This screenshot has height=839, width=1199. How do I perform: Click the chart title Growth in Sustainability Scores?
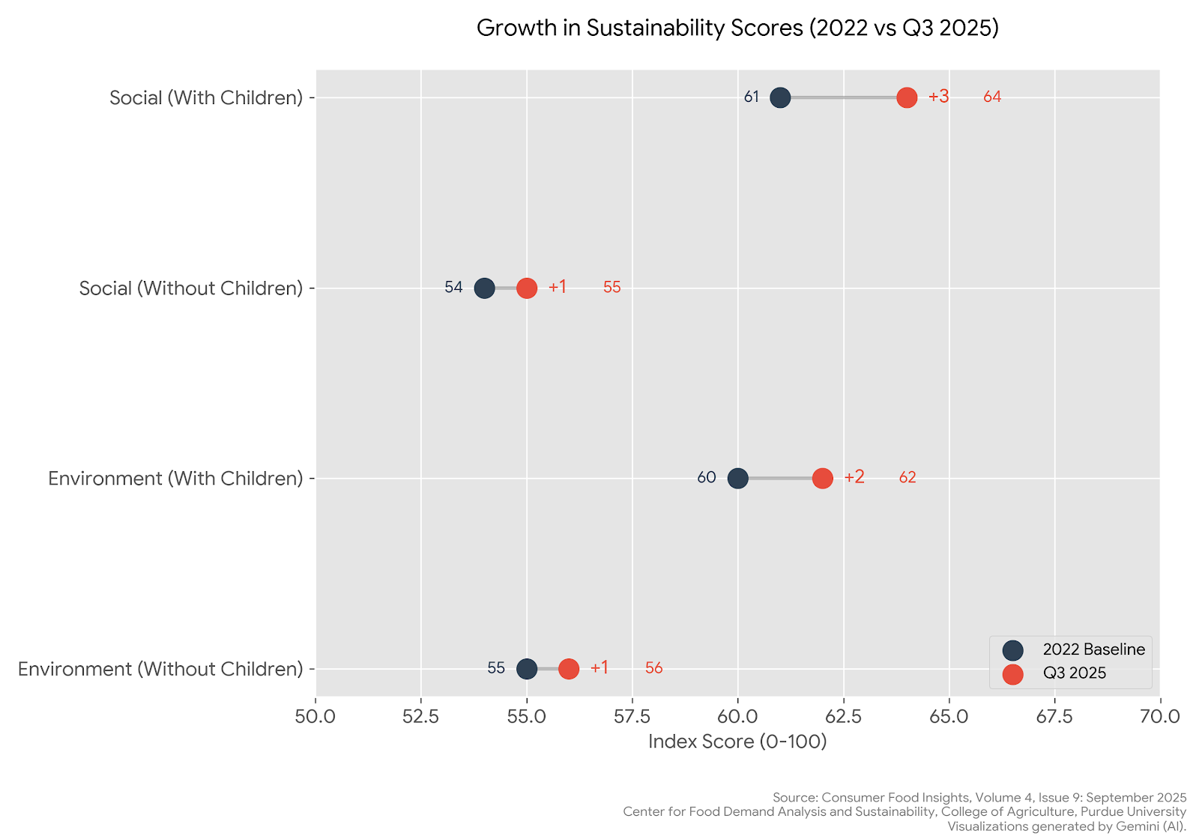tap(737, 28)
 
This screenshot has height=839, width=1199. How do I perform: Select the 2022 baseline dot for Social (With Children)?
tap(780, 97)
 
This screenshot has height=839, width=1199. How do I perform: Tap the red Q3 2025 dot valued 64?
tap(907, 97)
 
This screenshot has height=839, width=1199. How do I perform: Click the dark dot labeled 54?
tap(485, 288)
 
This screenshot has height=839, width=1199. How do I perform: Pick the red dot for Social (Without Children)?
tap(527, 288)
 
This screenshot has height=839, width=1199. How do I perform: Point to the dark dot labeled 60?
tap(737, 478)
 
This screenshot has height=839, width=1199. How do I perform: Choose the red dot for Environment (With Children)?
tap(822, 478)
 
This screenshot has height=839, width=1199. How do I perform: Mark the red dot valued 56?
tap(569, 668)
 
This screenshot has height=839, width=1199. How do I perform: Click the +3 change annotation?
tap(938, 97)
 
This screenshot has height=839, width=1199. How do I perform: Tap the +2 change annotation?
tap(854, 477)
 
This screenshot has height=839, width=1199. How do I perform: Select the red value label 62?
tap(907, 478)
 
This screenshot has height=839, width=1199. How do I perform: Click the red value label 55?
tap(611, 288)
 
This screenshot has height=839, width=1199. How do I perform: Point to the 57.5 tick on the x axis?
tap(632, 717)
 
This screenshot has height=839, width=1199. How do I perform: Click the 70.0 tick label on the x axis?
tap(1159, 717)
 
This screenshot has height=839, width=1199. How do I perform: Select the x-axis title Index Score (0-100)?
tap(737, 742)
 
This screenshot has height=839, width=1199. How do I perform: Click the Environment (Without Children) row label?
tap(160, 669)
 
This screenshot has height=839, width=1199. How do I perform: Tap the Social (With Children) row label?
tap(206, 98)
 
